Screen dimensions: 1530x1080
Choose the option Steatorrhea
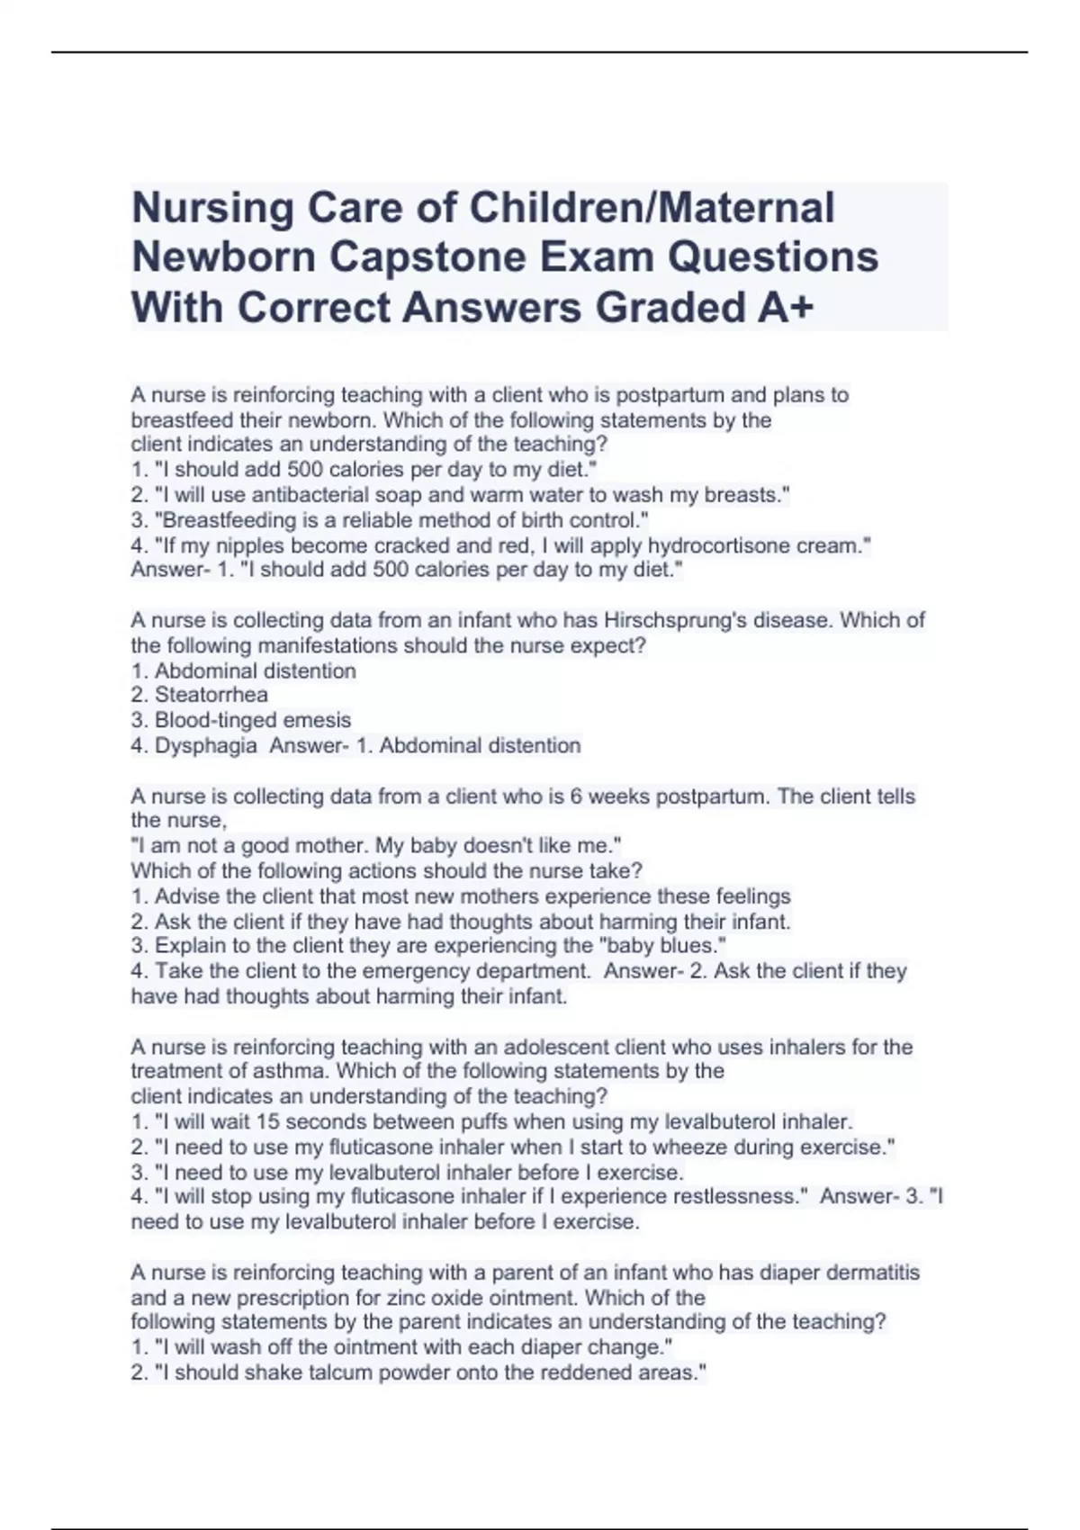211,695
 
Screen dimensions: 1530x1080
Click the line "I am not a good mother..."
376,846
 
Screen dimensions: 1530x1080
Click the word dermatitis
873,1273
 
